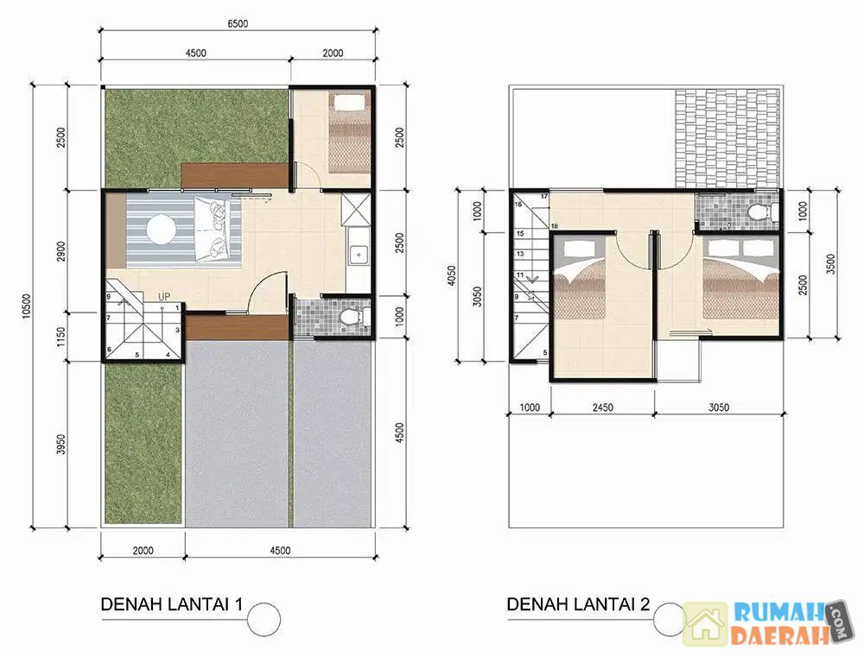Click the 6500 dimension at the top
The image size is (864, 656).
click(238, 23)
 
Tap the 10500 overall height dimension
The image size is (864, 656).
click(27, 306)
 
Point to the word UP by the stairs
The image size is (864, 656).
click(164, 297)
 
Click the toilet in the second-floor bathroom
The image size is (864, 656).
click(765, 211)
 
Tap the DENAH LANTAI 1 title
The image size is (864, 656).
click(171, 604)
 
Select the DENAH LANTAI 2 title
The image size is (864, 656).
click(578, 604)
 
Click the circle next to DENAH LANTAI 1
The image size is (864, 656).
click(264, 619)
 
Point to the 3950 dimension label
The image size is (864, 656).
click(61, 445)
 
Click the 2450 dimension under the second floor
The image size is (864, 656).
click(603, 407)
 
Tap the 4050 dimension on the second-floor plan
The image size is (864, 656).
click(451, 276)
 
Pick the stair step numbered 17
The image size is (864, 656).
click(544, 197)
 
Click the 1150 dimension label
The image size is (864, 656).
click(61, 337)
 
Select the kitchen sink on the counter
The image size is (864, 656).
click(359, 255)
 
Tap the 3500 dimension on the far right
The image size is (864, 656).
click(831, 264)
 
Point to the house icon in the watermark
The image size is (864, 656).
click(706, 624)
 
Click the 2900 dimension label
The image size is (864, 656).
click(61, 251)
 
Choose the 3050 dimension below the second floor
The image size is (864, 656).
click(719, 407)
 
